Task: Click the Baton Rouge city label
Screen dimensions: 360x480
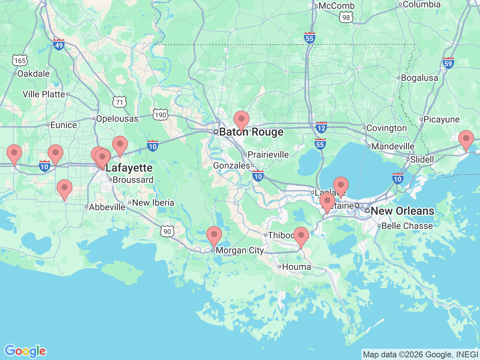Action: click(251, 132)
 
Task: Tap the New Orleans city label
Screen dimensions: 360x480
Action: click(402, 211)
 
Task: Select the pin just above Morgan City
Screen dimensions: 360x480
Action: click(214, 236)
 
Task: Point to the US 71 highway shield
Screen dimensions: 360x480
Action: click(120, 102)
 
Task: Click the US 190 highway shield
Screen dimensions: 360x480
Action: click(160, 115)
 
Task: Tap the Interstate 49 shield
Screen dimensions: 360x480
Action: click(59, 45)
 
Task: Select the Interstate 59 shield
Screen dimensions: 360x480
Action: click(448, 63)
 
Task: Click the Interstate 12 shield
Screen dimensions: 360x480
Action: click(321, 127)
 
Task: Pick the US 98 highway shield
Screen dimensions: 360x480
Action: click(346, 17)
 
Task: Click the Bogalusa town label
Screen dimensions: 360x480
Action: click(419, 78)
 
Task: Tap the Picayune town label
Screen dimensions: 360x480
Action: click(441, 120)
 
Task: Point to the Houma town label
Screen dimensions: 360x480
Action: click(296, 267)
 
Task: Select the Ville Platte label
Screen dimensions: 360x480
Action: click(44, 94)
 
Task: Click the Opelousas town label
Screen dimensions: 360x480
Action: click(117, 119)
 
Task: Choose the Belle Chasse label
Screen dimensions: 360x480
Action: click(407, 226)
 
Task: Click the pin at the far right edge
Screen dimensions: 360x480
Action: click(466, 140)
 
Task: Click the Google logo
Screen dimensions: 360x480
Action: click(25, 351)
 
